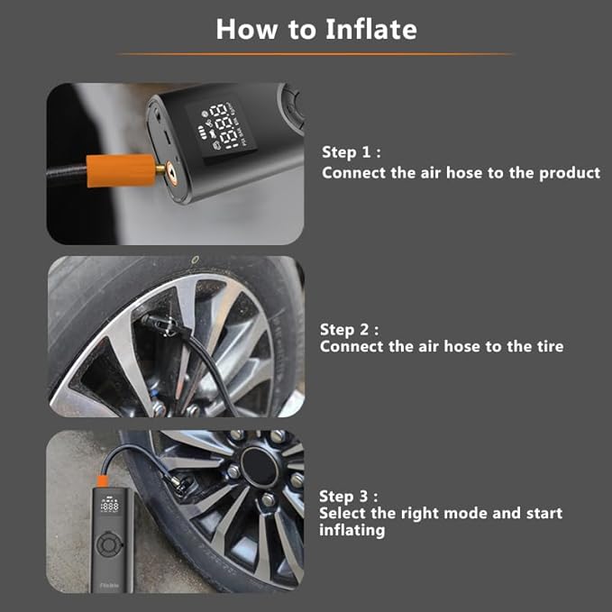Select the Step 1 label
[x=351, y=152]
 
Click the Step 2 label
[x=349, y=330]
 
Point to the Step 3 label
[x=348, y=496]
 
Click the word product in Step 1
[x=570, y=172]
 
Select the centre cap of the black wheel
[x=259, y=470]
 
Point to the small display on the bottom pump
[x=109, y=507]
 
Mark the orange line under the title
[x=315, y=54]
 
